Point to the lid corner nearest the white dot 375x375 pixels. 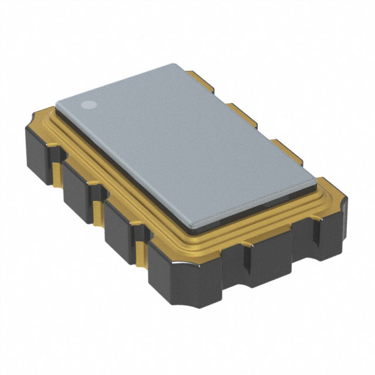point(57,104)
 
